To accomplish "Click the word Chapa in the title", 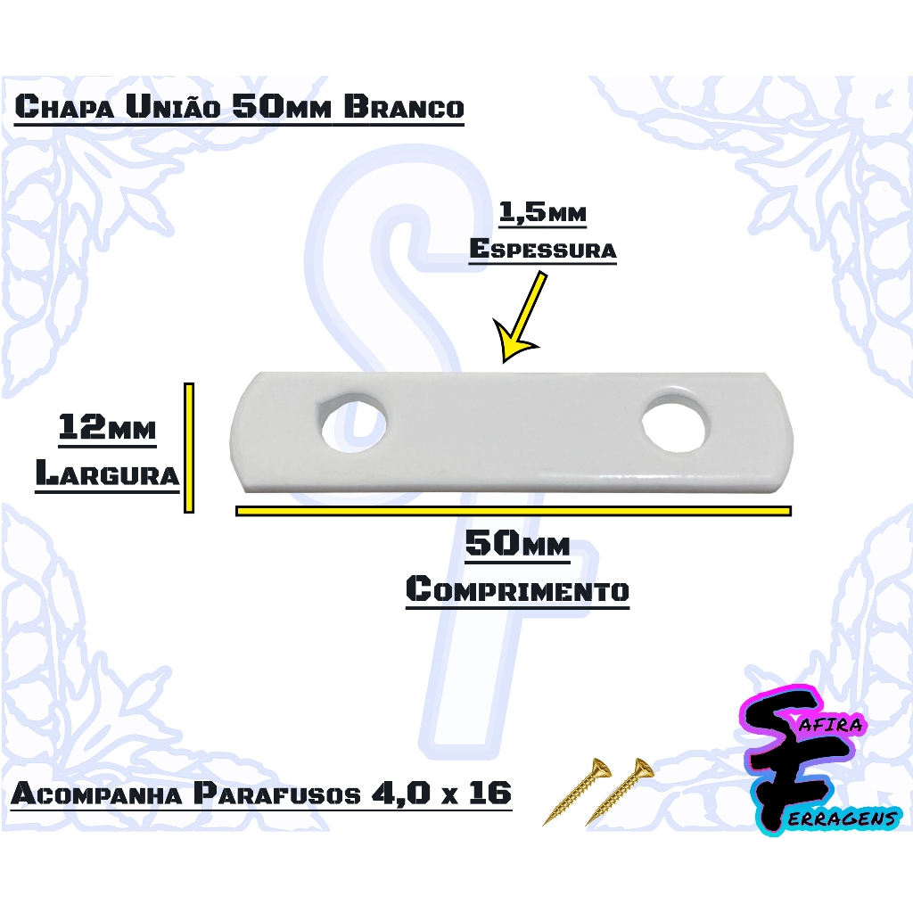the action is coord(64,107).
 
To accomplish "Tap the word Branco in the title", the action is coord(404,107).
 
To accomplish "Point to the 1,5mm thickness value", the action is coord(542,212).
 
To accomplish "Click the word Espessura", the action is coord(543,249).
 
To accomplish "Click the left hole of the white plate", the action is coord(355,424).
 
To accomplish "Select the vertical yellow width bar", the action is coord(189,448).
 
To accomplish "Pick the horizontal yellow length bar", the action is coord(514,511).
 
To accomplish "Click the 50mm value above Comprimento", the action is coord(518,544).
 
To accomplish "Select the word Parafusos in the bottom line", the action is coord(277,793).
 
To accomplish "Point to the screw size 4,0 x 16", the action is coord(442,793).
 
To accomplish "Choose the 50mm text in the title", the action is coord(282,107).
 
